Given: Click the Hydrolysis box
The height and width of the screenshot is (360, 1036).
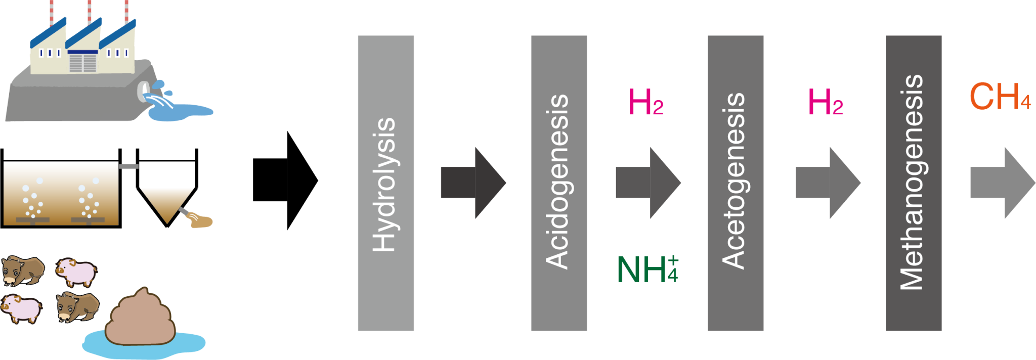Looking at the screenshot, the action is pyautogui.click(x=386, y=183).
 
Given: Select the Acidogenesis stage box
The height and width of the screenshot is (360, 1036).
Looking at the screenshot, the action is pyautogui.click(x=559, y=183).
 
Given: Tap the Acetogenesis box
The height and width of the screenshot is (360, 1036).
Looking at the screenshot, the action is pyautogui.click(x=736, y=183).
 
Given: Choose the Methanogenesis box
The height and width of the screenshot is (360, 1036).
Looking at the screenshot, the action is pyautogui.click(x=914, y=183).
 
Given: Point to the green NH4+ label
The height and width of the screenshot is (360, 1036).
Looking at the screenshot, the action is pyautogui.click(x=647, y=268).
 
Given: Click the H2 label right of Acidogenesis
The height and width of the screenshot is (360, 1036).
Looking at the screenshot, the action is pyautogui.click(x=645, y=102).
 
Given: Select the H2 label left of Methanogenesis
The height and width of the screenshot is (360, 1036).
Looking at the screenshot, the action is pyautogui.click(x=826, y=102).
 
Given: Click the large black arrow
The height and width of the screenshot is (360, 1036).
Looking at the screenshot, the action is pyautogui.click(x=285, y=181).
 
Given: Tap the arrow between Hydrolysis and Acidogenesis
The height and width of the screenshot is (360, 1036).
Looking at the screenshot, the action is pyautogui.click(x=473, y=183).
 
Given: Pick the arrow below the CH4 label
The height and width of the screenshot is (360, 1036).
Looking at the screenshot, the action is pyautogui.click(x=1003, y=183).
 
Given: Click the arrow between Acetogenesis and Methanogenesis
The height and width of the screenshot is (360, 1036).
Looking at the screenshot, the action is pyautogui.click(x=828, y=183).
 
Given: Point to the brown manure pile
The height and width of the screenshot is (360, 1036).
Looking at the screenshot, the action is pyautogui.click(x=140, y=319).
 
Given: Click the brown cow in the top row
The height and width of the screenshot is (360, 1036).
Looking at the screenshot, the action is pyautogui.click(x=23, y=271).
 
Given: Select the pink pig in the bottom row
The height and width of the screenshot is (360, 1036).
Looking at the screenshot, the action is pyautogui.click(x=21, y=308).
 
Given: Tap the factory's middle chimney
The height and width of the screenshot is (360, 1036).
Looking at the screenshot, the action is pyautogui.click(x=89, y=13).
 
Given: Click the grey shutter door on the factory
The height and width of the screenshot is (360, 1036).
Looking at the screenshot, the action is pyautogui.click(x=82, y=63).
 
